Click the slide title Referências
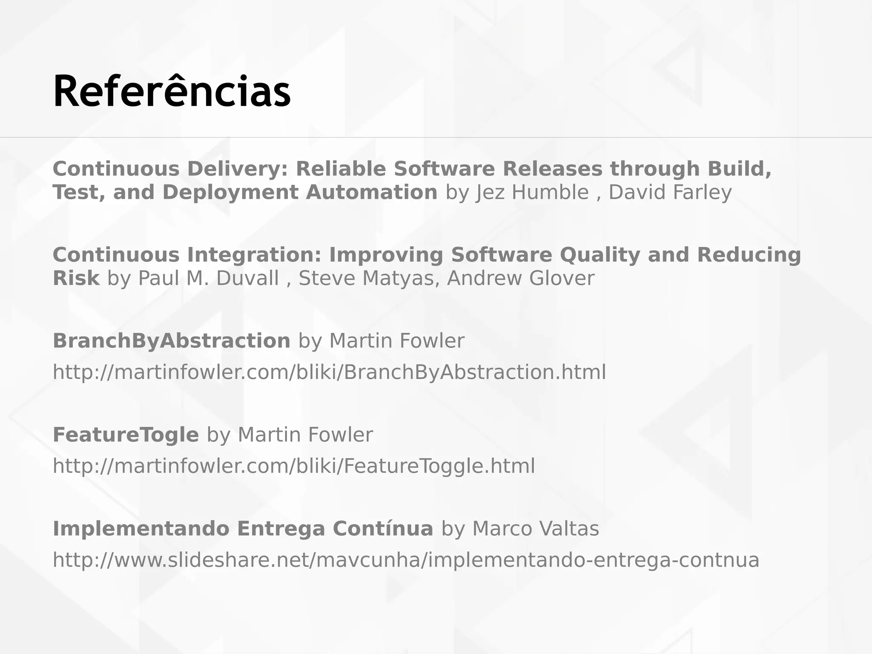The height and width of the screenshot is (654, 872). pos(172,92)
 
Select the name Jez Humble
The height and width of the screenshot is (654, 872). pos(532,192)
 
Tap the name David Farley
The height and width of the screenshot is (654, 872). pos(670,192)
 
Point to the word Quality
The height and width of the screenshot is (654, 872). pos(600,255)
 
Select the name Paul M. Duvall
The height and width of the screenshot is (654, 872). pos(209,278)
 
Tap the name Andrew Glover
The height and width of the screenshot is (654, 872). pos(520,278)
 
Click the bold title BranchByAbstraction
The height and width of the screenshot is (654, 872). pos(171,341)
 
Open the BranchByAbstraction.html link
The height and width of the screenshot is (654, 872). pos(329,372)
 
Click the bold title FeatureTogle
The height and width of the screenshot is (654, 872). pos(126,435)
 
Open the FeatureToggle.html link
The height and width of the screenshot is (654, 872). pos(294,466)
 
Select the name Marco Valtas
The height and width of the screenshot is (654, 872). pos(536,529)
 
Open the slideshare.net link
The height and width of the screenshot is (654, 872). pos(406,560)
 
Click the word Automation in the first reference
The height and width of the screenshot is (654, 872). pos(371,192)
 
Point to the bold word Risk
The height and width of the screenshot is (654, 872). pos(76,278)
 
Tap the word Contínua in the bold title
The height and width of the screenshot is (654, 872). pos(383,529)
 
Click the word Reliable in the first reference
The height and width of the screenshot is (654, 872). pos(341,169)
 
